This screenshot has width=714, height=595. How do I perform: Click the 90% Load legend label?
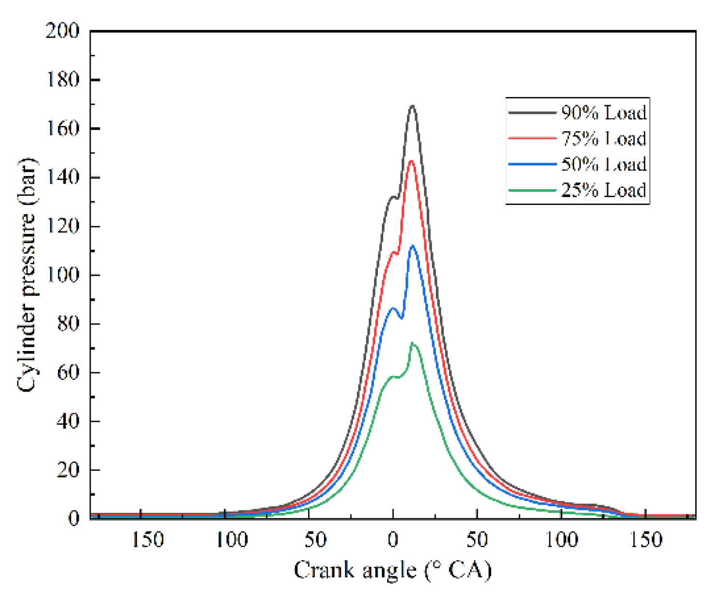[x=603, y=113]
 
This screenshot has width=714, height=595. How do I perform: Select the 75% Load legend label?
[x=603, y=139]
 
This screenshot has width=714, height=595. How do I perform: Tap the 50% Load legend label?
[x=603, y=164]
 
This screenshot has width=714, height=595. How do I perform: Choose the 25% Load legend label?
[x=603, y=190]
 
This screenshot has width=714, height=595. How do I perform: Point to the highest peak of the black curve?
[x=412, y=106]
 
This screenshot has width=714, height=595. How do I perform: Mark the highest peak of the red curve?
[x=411, y=161]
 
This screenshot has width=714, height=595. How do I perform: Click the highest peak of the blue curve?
[x=412, y=246]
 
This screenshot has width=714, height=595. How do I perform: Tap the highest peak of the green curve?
[x=412, y=343]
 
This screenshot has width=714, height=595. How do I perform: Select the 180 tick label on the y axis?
[x=62, y=80]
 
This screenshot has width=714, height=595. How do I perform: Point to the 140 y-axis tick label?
[x=62, y=177]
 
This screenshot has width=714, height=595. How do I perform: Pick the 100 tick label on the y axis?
[x=62, y=275]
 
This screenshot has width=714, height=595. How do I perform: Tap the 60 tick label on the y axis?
[x=68, y=372]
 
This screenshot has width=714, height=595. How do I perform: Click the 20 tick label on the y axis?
[x=68, y=470]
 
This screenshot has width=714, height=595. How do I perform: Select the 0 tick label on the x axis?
[x=393, y=540]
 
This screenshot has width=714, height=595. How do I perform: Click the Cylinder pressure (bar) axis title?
[x=27, y=274]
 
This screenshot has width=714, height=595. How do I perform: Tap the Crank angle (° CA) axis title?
[x=392, y=570]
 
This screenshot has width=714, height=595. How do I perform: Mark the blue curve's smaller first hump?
[x=393, y=308]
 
